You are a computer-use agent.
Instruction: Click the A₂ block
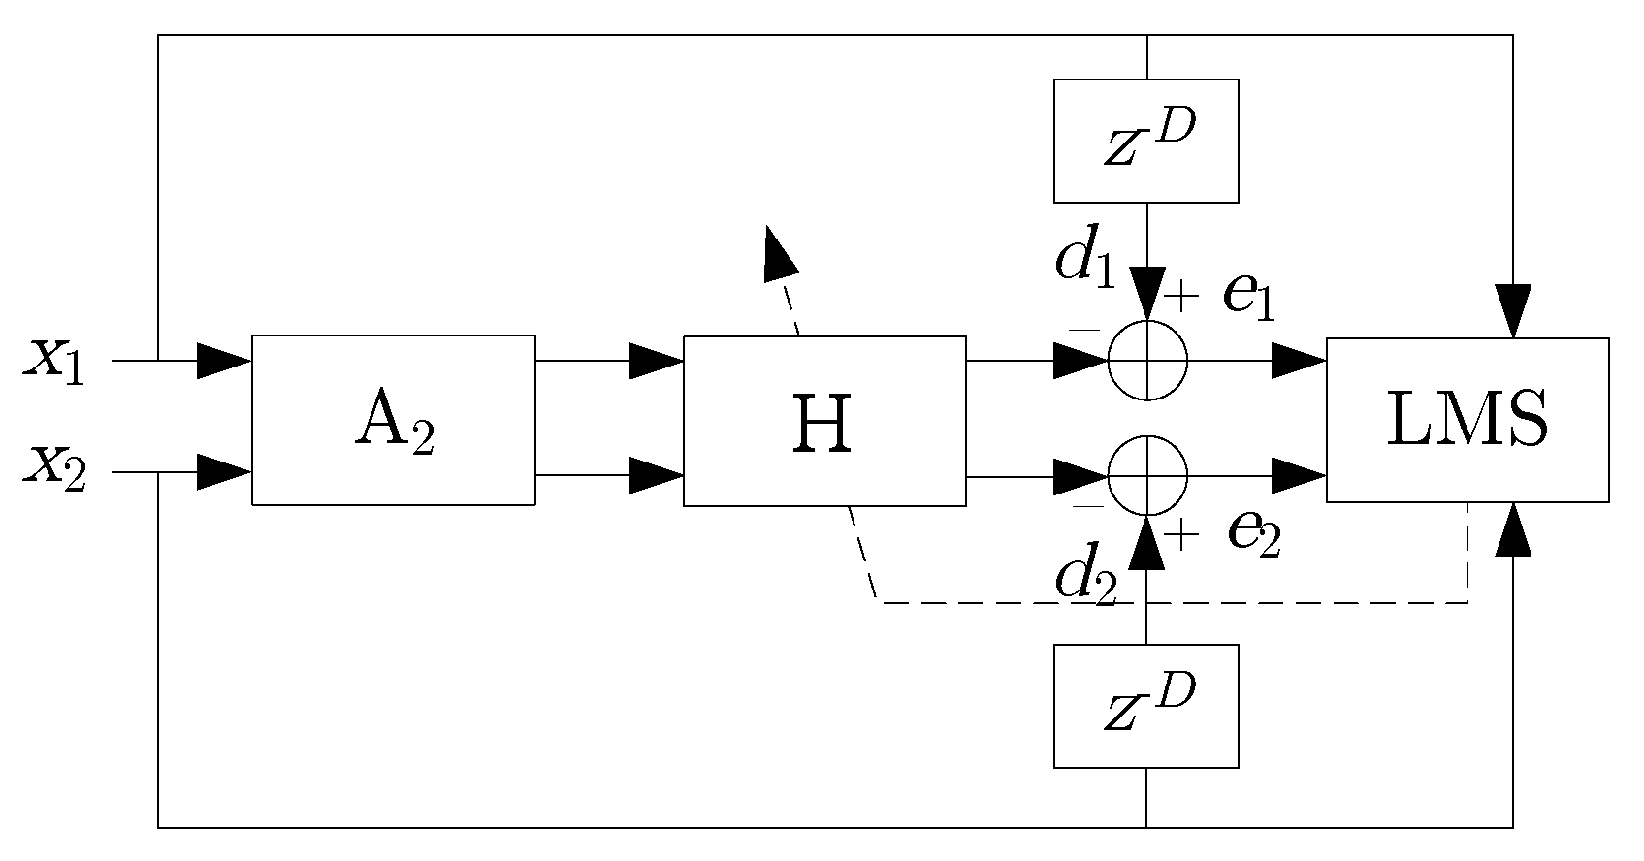(x=393, y=420)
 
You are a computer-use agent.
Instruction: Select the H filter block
(x=824, y=421)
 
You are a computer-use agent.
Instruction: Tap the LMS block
(x=1467, y=420)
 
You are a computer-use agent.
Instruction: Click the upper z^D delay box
(x=1146, y=141)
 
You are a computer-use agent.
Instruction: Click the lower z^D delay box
(x=1146, y=706)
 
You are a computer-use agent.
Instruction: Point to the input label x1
(x=55, y=361)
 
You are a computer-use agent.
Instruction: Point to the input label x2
(x=55, y=469)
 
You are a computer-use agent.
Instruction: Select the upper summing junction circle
(x=1147, y=361)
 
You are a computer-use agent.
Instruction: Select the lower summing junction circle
(x=1147, y=476)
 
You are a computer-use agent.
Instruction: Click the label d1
(x=1086, y=261)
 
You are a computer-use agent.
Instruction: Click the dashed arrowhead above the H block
(x=779, y=255)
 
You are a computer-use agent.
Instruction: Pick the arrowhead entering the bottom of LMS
(x=1513, y=530)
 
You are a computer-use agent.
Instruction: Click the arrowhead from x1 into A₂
(x=224, y=361)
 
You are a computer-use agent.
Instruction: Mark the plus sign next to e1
(x=1181, y=291)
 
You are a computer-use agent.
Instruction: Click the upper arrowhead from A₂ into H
(x=657, y=361)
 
